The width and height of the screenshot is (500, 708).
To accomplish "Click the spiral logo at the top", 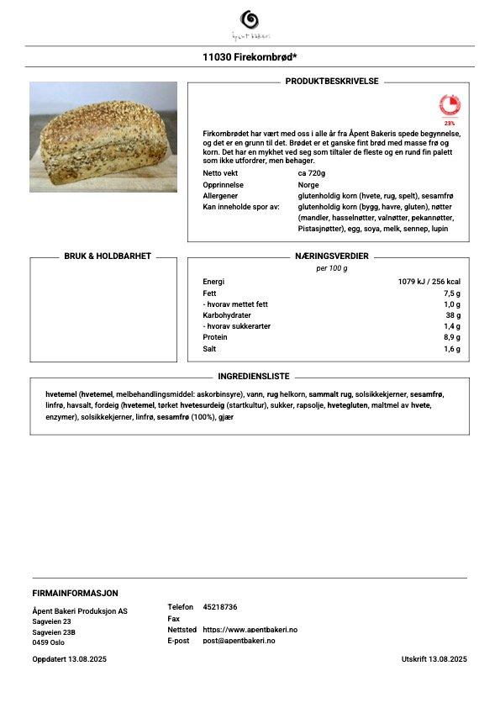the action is point(250,19).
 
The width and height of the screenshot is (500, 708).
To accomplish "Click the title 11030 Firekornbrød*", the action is point(250,57).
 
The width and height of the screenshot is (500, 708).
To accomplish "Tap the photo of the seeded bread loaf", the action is point(103,137).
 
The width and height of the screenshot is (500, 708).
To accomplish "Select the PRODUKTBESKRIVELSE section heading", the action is point(332,82).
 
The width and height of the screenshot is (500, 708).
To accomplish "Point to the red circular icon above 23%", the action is point(450,105).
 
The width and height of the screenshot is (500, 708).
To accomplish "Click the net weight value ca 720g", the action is point(312,172).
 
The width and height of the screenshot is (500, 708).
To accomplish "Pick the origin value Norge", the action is point(308,184).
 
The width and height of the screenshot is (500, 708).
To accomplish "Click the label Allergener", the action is point(220,195).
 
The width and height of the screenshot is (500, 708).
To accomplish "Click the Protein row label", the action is point(215,337).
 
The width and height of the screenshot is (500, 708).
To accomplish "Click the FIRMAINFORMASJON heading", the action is point(75,593).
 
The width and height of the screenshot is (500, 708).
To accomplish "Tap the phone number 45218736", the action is point(220,606).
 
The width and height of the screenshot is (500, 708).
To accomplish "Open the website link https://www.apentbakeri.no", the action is point(250,629).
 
